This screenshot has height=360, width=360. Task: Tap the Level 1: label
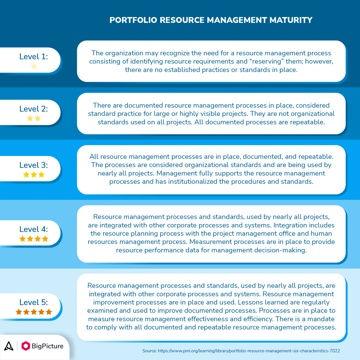34,56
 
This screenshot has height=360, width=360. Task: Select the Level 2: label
34,109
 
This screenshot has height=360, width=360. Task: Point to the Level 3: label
34,165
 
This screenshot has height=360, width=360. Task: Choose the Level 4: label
34,229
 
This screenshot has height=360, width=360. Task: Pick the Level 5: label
34,302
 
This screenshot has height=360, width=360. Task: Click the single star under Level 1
34,66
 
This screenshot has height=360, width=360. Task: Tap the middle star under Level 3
34,175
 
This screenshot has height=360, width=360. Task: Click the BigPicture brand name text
47,346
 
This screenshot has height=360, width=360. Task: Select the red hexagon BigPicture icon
26,346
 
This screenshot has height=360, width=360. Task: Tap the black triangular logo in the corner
9,346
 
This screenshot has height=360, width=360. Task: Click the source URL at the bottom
249,351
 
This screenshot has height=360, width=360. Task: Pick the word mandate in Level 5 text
319,319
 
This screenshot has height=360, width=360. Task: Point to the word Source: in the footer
149,351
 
